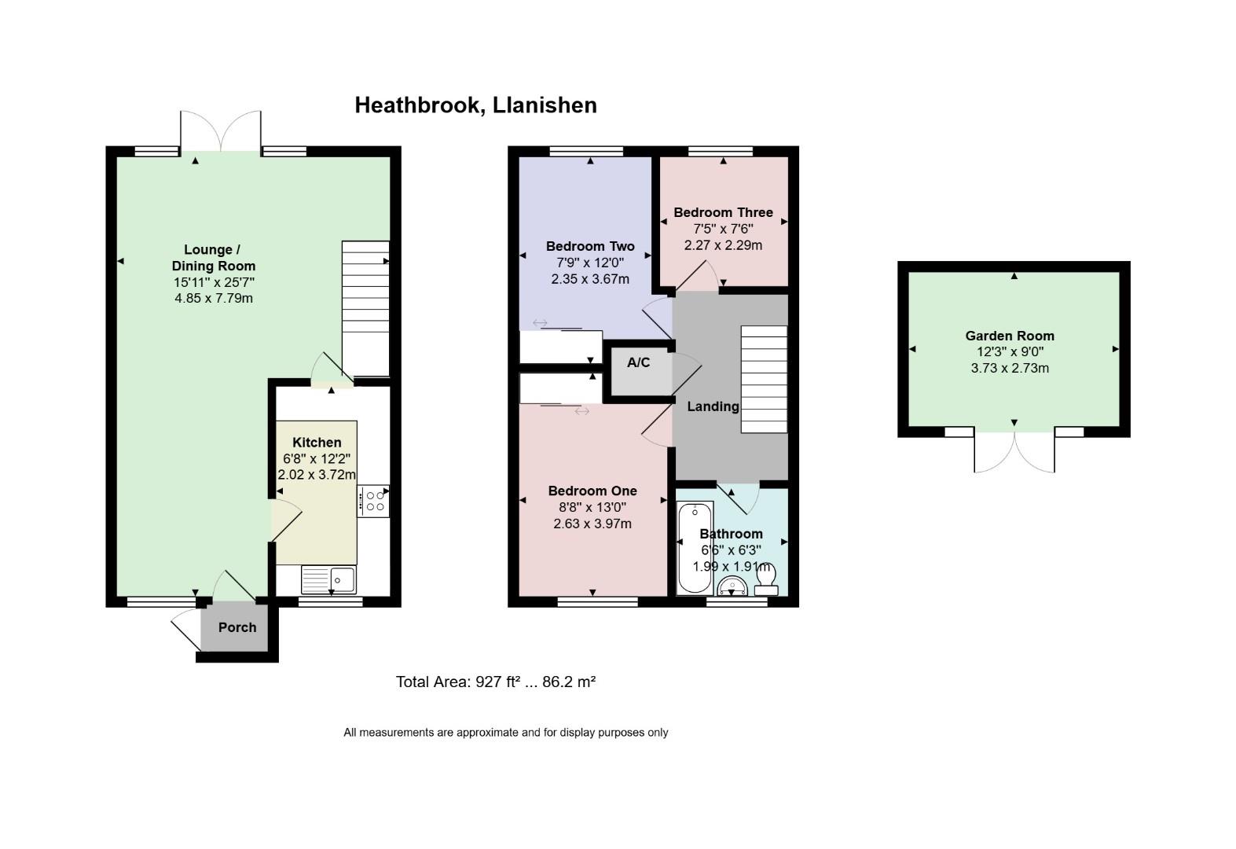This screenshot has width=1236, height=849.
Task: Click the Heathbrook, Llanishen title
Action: click(x=475, y=105)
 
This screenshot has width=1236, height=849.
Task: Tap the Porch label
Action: click(x=237, y=627)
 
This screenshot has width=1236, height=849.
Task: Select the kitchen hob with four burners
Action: click(x=373, y=501)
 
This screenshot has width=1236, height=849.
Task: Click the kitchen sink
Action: click(x=328, y=579)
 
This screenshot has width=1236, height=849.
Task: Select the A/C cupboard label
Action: click(x=638, y=362)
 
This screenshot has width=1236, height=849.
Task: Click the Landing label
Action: click(x=713, y=407)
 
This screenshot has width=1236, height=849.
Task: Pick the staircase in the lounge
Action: click(x=365, y=309)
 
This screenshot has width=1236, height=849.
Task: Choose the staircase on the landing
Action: click(x=764, y=379)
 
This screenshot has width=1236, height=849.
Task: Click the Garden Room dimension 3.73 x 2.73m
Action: click(x=1010, y=368)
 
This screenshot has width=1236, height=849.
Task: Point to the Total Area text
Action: click(x=496, y=682)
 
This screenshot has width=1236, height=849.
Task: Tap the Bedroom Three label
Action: click(x=723, y=212)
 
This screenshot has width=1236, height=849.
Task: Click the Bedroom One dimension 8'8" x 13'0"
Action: click(x=592, y=507)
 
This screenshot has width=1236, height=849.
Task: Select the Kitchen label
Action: click(x=317, y=442)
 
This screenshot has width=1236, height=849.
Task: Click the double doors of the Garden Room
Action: click(x=1014, y=452)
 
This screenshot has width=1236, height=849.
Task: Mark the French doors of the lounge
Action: click(x=221, y=130)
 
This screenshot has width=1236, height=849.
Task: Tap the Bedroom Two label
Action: click(x=590, y=246)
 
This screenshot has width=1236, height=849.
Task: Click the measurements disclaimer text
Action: click(x=506, y=733)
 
